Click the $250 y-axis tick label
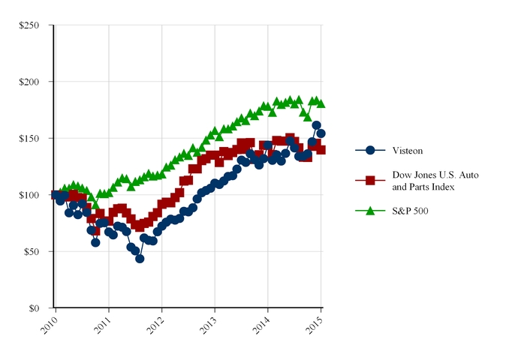click(31, 25)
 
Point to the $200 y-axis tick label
click(31, 82)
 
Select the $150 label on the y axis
click(31, 139)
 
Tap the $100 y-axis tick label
click(31, 195)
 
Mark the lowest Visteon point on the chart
click(140, 259)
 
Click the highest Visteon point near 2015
click(316, 125)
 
